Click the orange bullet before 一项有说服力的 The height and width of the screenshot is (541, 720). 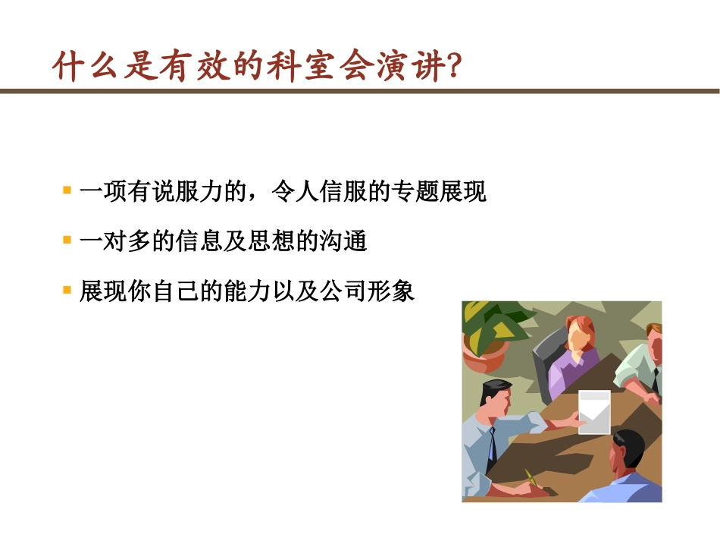pyautogui.click(x=67, y=190)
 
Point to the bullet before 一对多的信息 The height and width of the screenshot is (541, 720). pyautogui.click(x=67, y=241)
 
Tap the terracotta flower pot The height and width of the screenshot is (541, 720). pyautogui.click(x=485, y=354)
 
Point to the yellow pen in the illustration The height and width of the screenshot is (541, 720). pyautogui.click(x=531, y=477)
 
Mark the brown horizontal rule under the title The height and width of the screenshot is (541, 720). pyautogui.click(x=360, y=91)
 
